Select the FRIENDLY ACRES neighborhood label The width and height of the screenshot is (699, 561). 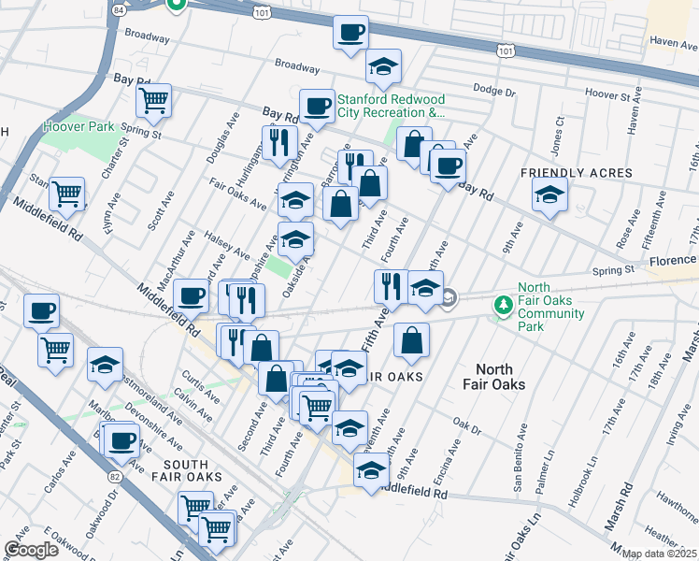pyautogui.click(x=577, y=173)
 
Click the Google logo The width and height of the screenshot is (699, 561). pyautogui.click(x=31, y=550)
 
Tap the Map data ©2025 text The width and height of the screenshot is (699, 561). pyautogui.click(x=659, y=554)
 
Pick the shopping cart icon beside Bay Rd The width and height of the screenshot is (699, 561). pyautogui.click(x=152, y=98)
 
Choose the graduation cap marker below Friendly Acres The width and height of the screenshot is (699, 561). pyautogui.click(x=549, y=194)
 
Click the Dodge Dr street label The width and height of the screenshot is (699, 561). pyautogui.click(x=494, y=91)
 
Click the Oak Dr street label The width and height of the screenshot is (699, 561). pyautogui.click(x=465, y=430)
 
